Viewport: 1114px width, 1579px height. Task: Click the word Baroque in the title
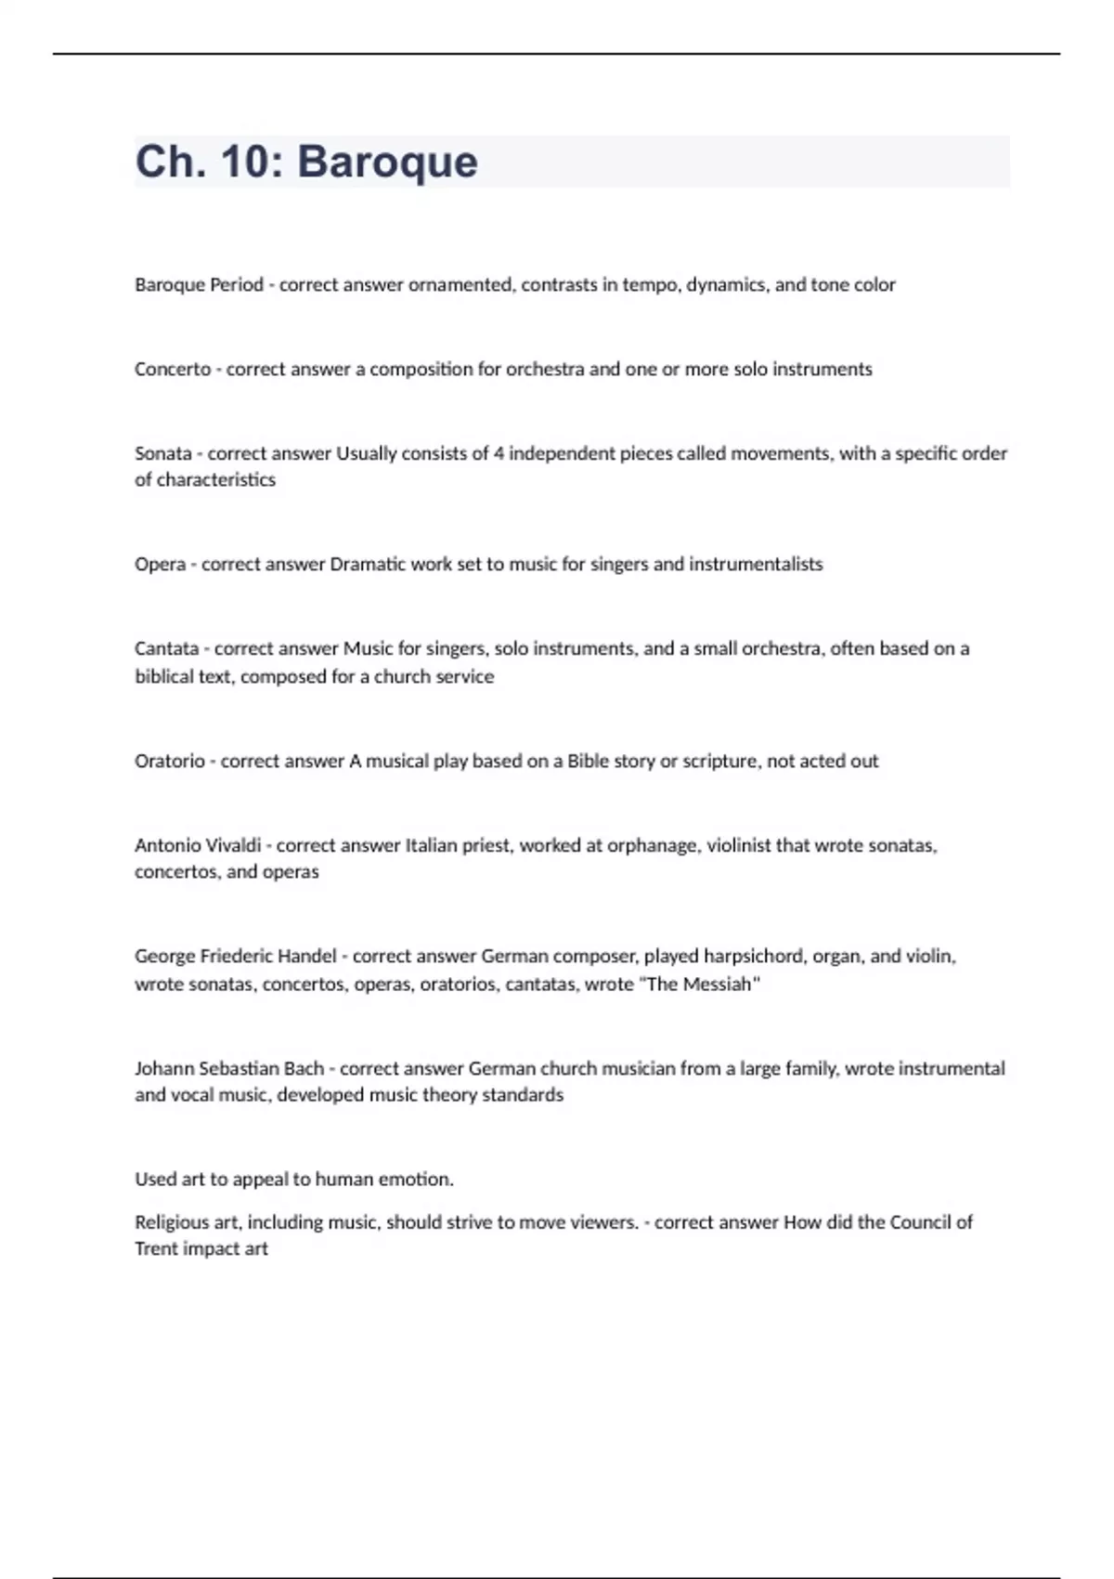387,162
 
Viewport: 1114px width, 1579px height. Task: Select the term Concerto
173,369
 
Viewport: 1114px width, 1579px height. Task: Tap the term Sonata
162,453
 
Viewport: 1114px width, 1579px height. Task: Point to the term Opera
160,564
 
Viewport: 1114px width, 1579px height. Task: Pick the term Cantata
166,648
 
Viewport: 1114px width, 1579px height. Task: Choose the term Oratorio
169,761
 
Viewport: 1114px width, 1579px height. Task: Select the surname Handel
306,956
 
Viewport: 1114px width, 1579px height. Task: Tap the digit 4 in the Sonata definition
499,453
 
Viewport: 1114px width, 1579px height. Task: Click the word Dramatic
368,564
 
